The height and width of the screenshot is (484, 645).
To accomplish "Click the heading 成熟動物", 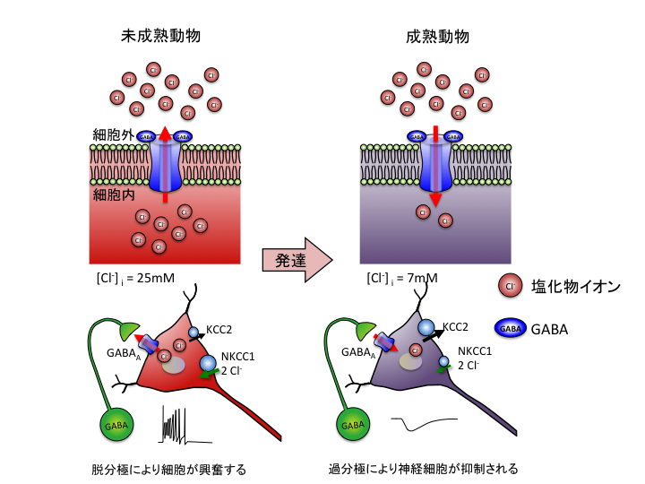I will pyautogui.click(x=437, y=37).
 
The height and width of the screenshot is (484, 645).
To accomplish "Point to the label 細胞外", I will pyautogui.click(x=112, y=135).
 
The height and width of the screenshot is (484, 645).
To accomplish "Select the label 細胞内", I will pyautogui.click(x=112, y=192).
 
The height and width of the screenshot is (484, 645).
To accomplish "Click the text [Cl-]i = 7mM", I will pyautogui.click(x=401, y=278).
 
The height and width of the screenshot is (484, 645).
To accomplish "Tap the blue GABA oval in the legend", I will pyautogui.click(x=510, y=329).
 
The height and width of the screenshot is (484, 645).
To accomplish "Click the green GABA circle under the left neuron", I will pyautogui.click(x=114, y=423).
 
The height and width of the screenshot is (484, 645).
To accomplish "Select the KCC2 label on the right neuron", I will pyautogui.click(x=457, y=329).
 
